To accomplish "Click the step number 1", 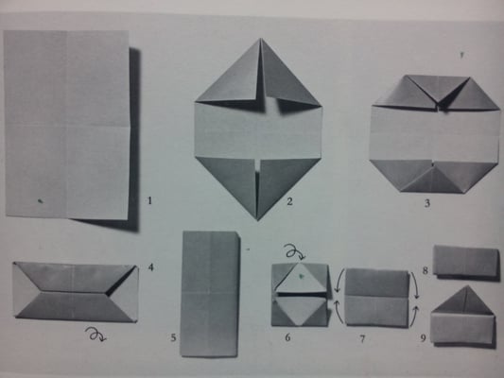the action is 149,201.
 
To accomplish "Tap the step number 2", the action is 289,201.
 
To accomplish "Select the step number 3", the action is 427,203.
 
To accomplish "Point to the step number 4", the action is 150,267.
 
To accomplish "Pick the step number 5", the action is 173,338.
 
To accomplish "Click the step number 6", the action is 287,337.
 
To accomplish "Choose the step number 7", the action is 362,339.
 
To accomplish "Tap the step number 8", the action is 425,270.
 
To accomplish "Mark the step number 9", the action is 424,338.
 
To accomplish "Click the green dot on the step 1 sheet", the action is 41,201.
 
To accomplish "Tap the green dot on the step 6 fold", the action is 301,276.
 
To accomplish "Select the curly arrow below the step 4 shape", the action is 96,334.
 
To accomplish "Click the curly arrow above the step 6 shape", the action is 295,252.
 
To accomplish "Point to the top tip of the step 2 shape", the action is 261,39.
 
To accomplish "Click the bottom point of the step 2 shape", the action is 257,220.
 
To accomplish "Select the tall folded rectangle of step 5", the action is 210,294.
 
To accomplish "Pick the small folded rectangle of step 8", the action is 466,261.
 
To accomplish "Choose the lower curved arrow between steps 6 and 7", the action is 339,312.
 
